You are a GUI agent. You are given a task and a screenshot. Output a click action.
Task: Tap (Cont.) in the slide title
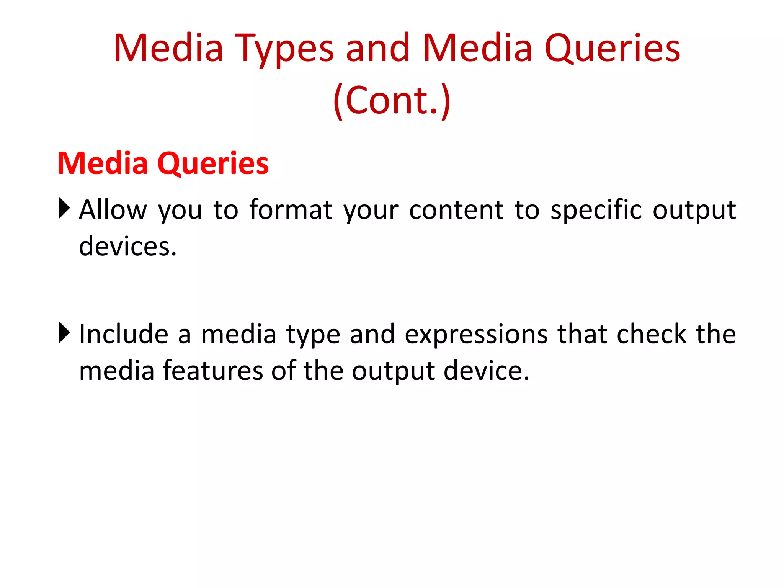(x=392, y=100)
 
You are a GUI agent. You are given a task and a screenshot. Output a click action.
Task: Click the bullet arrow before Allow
(x=64, y=208)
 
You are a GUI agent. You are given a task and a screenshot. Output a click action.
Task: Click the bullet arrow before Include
(x=64, y=333)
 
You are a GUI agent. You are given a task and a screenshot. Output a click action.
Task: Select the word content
(x=456, y=211)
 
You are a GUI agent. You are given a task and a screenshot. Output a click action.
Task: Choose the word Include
(x=123, y=334)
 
